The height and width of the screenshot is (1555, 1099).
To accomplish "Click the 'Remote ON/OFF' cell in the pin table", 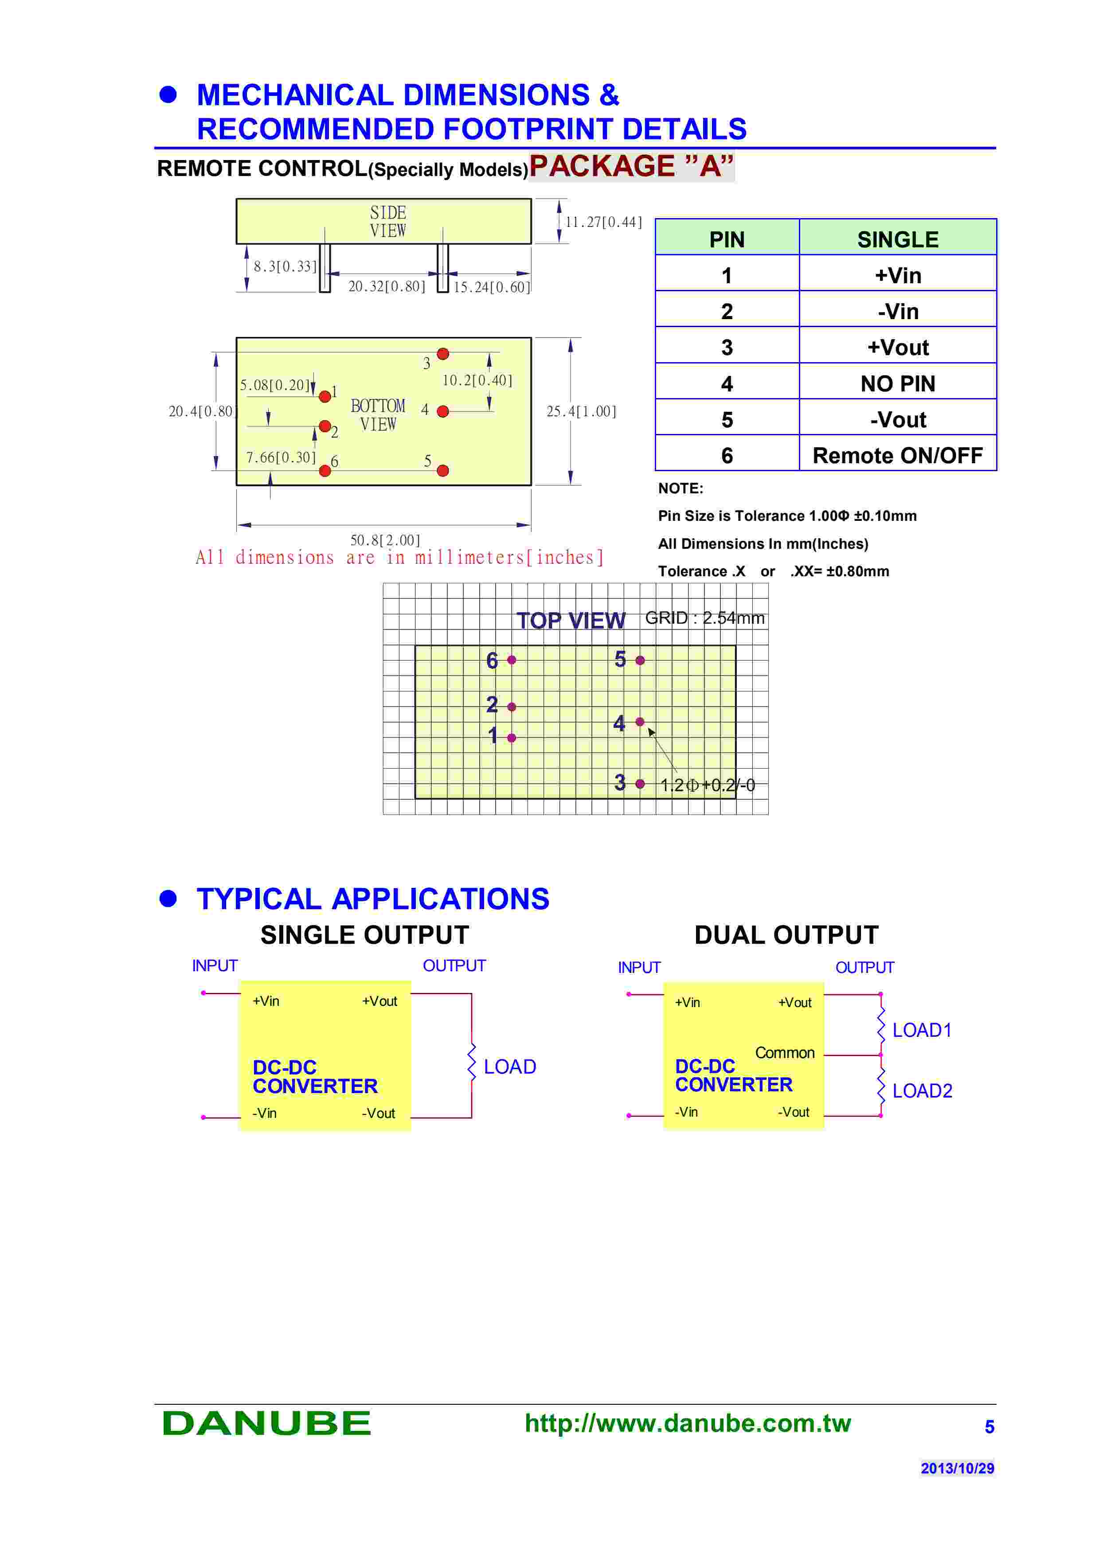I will pos(897,456).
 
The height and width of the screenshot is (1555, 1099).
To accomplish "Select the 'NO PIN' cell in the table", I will pos(897,384).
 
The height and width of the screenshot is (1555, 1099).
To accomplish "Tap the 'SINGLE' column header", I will pos(897,239).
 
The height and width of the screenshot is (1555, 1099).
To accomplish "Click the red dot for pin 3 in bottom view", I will pos(443,354).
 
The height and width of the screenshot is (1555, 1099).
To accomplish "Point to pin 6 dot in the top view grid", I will pos(512,660).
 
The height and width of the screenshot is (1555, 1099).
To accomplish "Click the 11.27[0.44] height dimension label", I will pos(603,222).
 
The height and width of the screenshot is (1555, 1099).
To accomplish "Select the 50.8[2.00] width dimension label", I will pos(385,540).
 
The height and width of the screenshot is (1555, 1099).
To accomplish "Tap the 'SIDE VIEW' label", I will pos(388,222).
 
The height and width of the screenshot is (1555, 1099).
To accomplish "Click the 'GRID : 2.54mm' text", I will pos(704,617).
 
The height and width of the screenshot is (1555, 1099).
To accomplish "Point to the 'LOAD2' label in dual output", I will pos(922,1090).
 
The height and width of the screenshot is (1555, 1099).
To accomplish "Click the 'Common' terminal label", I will pos(784,1052).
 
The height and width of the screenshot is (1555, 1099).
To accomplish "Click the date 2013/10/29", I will pos(957,1468).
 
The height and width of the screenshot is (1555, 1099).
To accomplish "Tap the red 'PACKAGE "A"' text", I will pos(631,167).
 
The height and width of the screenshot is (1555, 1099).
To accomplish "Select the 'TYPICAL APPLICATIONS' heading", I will pos(372,899).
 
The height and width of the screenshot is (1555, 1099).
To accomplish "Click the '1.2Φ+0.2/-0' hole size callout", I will pos(707,785).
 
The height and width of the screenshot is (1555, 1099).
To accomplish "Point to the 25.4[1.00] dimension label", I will pos(581,411).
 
